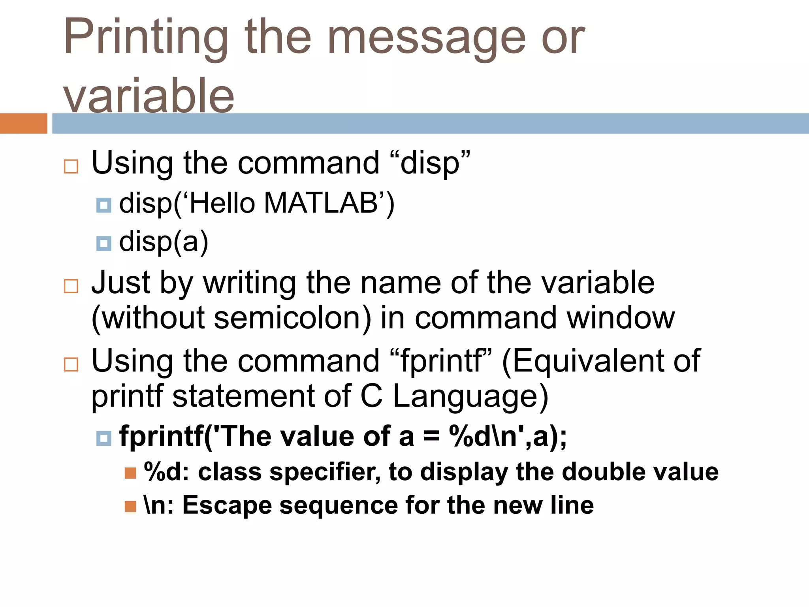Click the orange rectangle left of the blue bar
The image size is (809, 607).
click(23, 123)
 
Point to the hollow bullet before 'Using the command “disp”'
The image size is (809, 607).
click(71, 166)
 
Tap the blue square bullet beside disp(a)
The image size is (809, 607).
click(104, 243)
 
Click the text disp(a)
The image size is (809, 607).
click(164, 242)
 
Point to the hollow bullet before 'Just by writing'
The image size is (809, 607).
click(71, 286)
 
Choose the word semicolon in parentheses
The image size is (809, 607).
click(293, 318)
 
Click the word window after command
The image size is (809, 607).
click(621, 318)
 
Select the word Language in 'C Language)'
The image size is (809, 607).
click(466, 396)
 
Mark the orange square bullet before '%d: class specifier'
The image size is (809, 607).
click(130, 473)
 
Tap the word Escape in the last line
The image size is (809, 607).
click(227, 505)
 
